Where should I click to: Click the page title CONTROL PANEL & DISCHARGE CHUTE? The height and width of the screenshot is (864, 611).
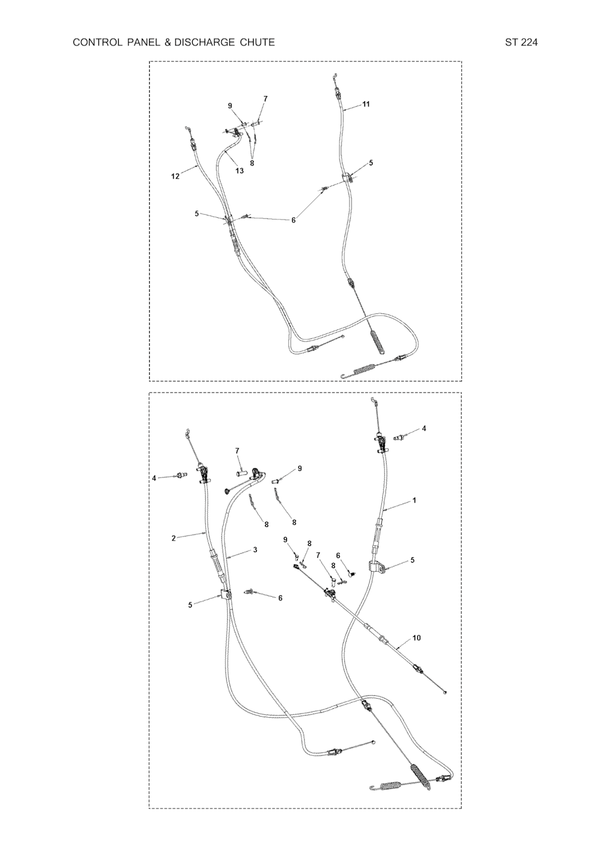pyautogui.click(x=174, y=42)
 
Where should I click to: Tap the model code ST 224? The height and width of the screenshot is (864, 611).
pyautogui.click(x=521, y=42)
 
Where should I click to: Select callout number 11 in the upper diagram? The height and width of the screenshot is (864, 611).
pyautogui.click(x=366, y=104)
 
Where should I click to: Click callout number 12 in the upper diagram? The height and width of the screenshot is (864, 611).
pyautogui.click(x=175, y=176)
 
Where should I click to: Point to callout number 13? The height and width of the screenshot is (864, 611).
pyautogui.click(x=239, y=171)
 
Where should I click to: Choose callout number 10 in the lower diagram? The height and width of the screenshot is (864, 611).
pyautogui.click(x=416, y=638)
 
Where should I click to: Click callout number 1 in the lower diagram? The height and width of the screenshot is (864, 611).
pyautogui.click(x=414, y=500)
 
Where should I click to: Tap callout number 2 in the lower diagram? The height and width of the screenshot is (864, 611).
pyautogui.click(x=174, y=538)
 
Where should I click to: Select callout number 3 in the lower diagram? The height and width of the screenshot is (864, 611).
pyautogui.click(x=255, y=550)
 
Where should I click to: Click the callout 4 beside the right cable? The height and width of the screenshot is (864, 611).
pyautogui.click(x=424, y=428)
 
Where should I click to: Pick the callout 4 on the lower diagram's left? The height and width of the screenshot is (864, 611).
pyautogui.click(x=155, y=478)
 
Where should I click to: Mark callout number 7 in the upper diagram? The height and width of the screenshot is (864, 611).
pyautogui.click(x=266, y=98)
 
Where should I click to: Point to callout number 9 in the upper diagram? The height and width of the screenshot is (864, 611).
pyautogui.click(x=230, y=105)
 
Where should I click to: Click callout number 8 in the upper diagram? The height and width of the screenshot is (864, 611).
pyautogui.click(x=252, y=163)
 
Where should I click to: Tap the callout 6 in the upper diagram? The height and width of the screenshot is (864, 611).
pyautogui.click(x=294, y=220)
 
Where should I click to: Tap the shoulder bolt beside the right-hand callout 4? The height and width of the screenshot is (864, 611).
pyautogui.click(x=401, y=437)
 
